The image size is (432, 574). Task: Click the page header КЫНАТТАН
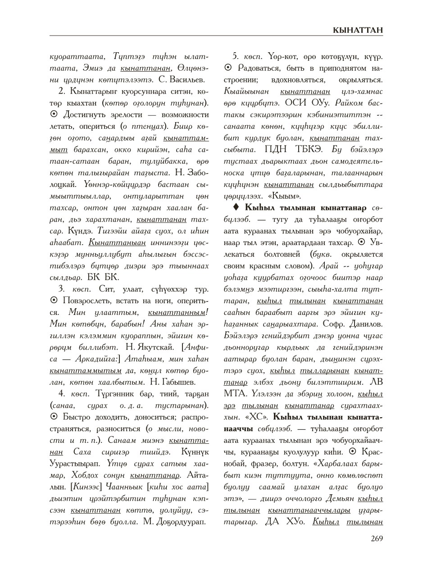click(358, 30)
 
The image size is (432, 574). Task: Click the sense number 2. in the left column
click(62, 91)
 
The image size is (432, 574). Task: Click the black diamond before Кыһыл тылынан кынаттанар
click(235, 208)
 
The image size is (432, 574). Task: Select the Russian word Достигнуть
click(84, 114)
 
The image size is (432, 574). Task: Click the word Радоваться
click(259, 68)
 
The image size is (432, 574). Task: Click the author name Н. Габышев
click(173, 383)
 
